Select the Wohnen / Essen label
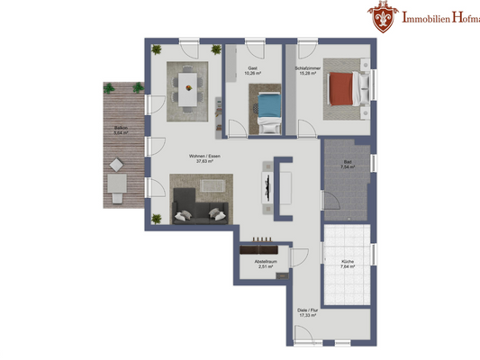pos(205,157)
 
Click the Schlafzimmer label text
pos(307,67)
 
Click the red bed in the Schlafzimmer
pos(344,88)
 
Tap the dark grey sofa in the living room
pos(200,212)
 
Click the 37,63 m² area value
pos(205,163)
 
